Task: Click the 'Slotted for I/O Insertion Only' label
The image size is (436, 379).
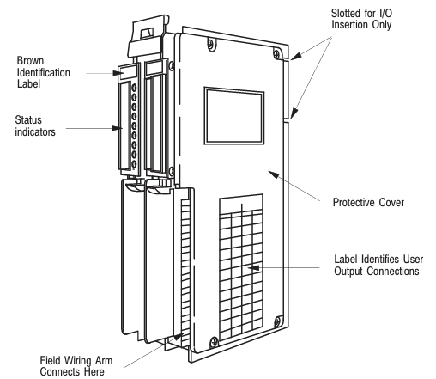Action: pyautogui.click(x=361, y=19)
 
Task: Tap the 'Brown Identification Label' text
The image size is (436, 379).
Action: pyautogui.click(x=43, y=72)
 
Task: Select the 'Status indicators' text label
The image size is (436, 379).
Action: pyautogui.click(x=35, y=125)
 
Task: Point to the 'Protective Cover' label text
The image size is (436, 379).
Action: pyautogui.click(x=368, y=202)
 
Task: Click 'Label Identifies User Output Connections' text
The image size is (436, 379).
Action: pyautogui.click(x=378, y=265)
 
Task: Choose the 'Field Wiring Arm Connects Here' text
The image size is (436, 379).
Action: pyautogui.click(x=76, y=366)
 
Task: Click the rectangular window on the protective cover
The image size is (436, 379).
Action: pyautogui.click(x=234, y=116)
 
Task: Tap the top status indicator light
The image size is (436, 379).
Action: pyautogui.click(x=134, y=88)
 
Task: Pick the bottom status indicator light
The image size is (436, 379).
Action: pyautogui.click(x=134, y=164)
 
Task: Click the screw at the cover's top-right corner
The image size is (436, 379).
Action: pyautogui.click(x=276, y=53)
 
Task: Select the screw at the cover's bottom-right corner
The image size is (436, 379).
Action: pyautogui.click(x=277, y=322)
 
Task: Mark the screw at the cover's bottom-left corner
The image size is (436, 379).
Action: pyautogui.click(x=214, y=342)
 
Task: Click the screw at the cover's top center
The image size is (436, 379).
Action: pyautogui.click(x=210, y=44)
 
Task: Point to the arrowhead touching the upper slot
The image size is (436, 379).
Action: pyautogui.click(x=296, y=56)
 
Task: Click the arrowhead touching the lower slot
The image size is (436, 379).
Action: pyautogui.click(x=294, y=113)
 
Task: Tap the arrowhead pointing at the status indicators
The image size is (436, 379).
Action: pyautogui.click(x=117, y=128)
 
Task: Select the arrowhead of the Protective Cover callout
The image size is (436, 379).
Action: pyautogui.click(x=274, y=174)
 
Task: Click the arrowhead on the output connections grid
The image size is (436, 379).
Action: pyautogui.click(x=254, y=268)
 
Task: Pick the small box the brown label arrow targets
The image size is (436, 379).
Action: pyautogui.click(x=128, y=72)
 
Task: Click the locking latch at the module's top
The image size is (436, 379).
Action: pyautogui.click(x=148, y=37)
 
